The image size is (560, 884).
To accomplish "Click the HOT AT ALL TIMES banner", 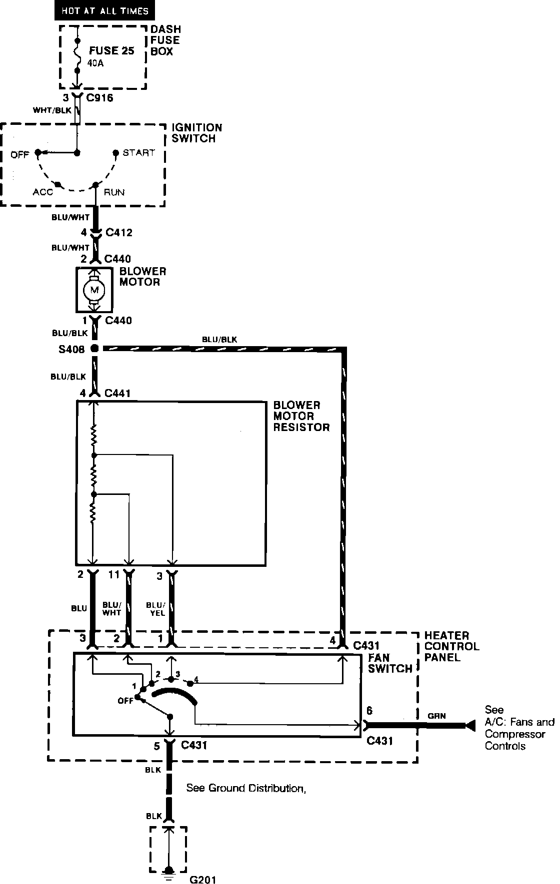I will point(105,10).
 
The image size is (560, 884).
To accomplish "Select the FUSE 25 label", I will point(111,50).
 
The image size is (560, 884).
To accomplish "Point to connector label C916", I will point(99,98).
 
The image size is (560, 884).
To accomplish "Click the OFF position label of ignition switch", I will point(20,154).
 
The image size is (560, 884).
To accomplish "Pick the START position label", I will point(138,153).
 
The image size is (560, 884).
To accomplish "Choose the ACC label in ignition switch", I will point(43,192).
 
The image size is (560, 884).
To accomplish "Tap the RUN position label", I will point(114,192).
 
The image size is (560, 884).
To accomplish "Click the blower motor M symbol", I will point(94,289).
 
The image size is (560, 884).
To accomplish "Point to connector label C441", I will point(117,394).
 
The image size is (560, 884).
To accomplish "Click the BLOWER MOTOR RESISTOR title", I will point(301,416).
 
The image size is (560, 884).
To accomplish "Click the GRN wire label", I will point(436,716).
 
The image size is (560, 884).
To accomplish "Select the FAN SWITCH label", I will point(390,663).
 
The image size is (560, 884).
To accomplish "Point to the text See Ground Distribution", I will point(246,788).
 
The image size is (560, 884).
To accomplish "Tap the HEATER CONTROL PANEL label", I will point(451,646).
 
